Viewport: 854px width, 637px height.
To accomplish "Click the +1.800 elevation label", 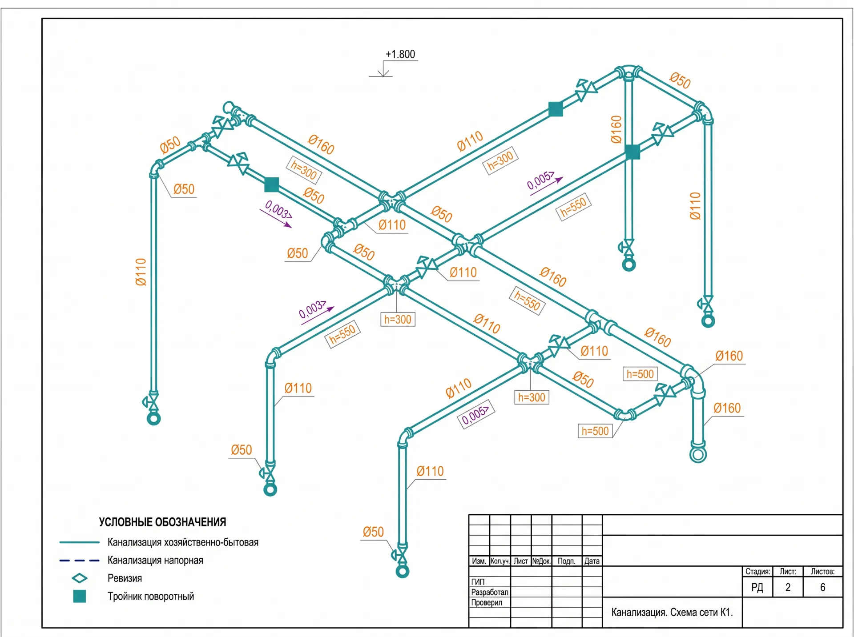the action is tap(400, 54).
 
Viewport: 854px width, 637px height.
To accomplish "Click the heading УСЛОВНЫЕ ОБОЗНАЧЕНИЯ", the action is tap(162, 522).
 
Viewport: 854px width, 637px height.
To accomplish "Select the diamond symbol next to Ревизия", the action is tap(80, 578).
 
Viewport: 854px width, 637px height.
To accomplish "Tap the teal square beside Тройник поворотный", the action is tap(80, 596).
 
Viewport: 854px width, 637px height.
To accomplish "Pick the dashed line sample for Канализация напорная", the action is tap(79, 561).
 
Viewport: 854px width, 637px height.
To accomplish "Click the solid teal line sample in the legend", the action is tap(79, 542).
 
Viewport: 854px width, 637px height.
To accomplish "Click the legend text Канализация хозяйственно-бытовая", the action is tap(183, 542).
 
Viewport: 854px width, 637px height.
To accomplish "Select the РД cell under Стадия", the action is tap(757, 587).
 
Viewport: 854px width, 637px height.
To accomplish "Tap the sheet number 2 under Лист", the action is tap(788, 587).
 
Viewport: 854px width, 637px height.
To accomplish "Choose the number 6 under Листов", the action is tap(822, 587).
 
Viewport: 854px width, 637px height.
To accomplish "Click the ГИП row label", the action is tap(478, 581).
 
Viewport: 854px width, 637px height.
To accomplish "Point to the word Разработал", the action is tap(489, 592).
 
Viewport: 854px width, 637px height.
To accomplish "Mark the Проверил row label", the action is tap(487, 602).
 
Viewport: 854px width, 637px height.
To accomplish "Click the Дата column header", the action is tap(592, 561).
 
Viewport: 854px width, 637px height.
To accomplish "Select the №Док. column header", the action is tap(541, 561).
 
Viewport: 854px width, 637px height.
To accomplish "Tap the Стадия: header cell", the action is tap(757, 571).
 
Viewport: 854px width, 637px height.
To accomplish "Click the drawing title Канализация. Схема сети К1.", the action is tap(672, 612).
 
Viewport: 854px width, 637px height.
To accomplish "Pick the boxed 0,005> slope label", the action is tap(475, 414).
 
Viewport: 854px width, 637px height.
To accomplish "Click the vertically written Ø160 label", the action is tap(616, 129).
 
